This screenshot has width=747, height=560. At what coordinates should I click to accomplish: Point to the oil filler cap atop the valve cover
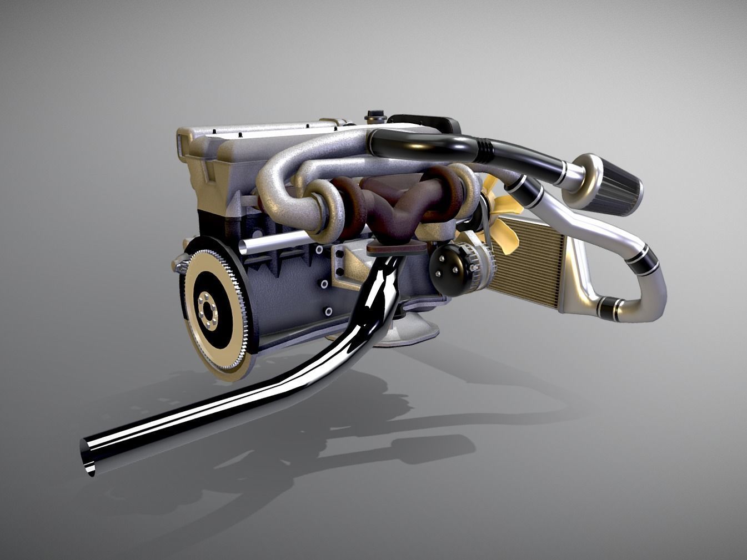[x=374, y=117]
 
